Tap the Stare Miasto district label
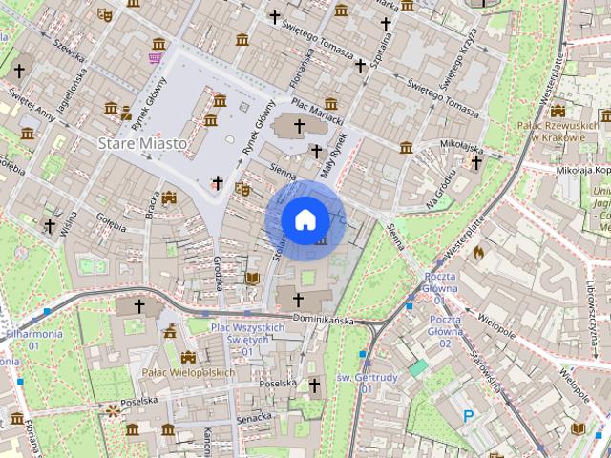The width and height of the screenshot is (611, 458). [x=140, y=142]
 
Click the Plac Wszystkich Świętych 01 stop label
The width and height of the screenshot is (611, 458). [x=246, y=334]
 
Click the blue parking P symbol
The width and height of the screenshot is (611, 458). [x=468, y=415]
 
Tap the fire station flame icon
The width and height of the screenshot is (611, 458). [x=478, y=253]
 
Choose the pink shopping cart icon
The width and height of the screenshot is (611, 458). [x=154, y=58]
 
